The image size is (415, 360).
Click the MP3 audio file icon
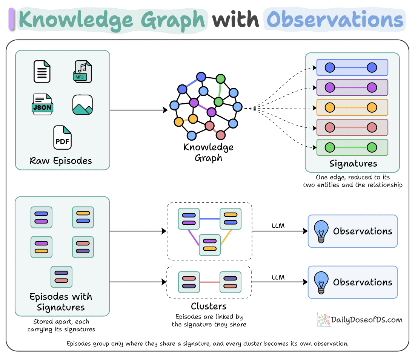point(82,71)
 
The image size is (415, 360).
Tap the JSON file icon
point(42,104)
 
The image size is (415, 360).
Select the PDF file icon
point(63,137)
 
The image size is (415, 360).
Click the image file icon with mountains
point(83,105)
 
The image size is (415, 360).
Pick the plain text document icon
point(42,71)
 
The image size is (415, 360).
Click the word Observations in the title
point(335,20)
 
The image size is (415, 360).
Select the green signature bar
point(352,147)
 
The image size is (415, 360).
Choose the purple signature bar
point(352,87)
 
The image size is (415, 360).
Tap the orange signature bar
point(352,107)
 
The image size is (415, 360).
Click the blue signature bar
point(352,67)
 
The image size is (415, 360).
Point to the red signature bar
point(352,127)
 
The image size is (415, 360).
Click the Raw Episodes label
point(61,161)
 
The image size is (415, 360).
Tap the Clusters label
point(209,306)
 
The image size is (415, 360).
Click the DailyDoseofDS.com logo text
point(367,320)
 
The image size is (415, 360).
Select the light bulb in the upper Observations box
point(321,231)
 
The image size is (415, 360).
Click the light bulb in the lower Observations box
point(321,282)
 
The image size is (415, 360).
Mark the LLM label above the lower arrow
point(278,277)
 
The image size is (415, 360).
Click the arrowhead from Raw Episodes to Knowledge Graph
point(165,110)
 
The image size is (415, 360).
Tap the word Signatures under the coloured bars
point(354,164)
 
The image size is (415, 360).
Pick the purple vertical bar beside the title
point(11,19)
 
